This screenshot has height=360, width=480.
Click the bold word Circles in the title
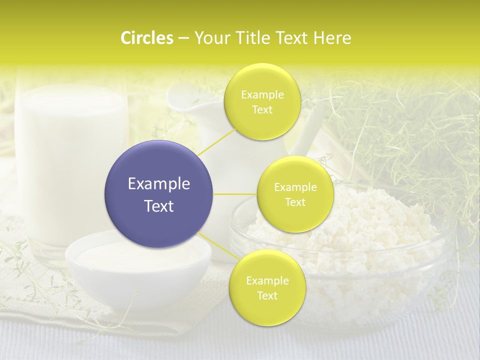pos(146,38)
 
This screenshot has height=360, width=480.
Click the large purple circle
pos(158,194)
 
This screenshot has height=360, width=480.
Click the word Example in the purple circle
pos(159,184)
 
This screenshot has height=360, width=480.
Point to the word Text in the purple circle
pos(159,206)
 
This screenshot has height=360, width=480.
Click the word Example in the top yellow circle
pos(262,95)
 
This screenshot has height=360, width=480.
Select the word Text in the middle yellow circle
pos(295,202)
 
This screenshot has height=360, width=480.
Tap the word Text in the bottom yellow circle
pos(267,296)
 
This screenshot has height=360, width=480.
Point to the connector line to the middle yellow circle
pos(235,194)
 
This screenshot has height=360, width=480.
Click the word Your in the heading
pos(210,38)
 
